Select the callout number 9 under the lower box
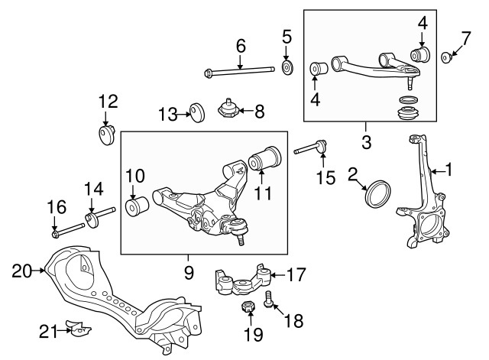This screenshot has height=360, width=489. (x=189, y=271)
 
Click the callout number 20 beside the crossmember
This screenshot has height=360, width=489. (x=21, y=268)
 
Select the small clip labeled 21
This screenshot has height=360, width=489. (x=78, y=329)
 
